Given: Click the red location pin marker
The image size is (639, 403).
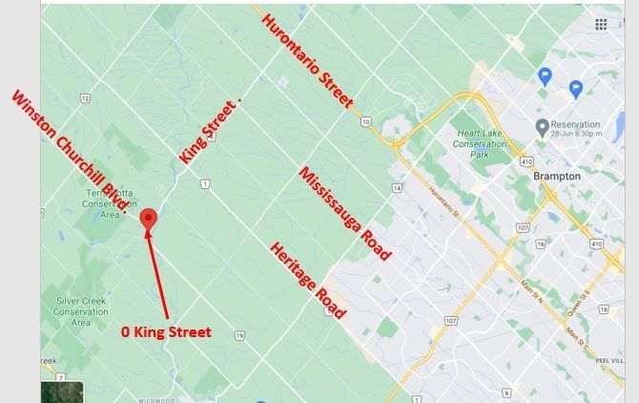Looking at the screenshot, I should click(x=148, y=221).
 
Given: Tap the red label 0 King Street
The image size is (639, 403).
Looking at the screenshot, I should click(x=166, y=332).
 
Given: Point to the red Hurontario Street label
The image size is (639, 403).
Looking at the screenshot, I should click(x=307, y=60).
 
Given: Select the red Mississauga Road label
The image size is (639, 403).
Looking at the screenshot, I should click(x=344, y=214).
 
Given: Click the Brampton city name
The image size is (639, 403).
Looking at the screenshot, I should click(x=557, y=177).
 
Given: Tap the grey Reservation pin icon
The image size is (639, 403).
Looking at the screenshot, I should click(x=542, y=126).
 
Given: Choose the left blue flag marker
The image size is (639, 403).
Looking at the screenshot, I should click(x=546, y=76).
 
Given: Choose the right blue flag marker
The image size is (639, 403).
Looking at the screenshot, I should click(x=575, y=89).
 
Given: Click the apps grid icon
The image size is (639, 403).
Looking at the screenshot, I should click(x=601, y=25).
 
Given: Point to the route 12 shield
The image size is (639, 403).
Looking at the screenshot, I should click(x=85, y=98).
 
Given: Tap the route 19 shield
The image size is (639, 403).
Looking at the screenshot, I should click(x=239, y=335).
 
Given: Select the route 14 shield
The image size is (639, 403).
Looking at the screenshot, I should click(x=397, y=188).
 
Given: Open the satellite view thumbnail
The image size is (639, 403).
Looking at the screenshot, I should click(x=62, y=392).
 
